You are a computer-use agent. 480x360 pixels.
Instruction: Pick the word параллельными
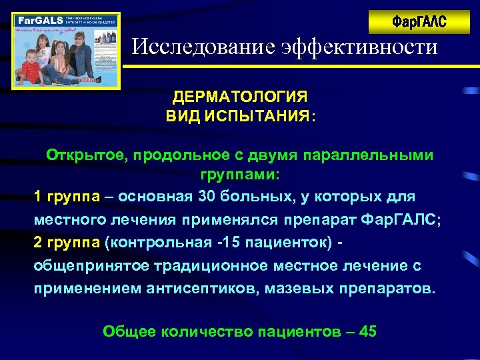(368, 155)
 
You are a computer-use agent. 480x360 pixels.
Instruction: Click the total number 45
(367, 331)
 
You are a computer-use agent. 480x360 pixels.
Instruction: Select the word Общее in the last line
(131, 331)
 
